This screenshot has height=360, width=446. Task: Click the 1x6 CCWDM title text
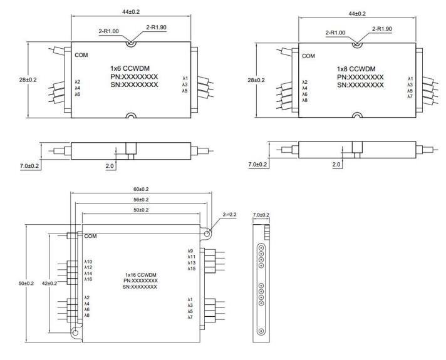point(130,68)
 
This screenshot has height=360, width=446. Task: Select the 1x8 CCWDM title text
point(356,69)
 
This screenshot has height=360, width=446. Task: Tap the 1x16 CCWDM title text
point(140,275)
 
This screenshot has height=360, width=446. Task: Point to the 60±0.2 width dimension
point(141,189)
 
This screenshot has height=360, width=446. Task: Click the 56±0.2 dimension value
point(141,200)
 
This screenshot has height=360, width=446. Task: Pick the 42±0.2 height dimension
point(49,283)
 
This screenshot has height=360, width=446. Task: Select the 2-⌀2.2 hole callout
point(229,214)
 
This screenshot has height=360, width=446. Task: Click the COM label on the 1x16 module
point(90,236)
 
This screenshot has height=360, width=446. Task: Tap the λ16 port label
point(88,279)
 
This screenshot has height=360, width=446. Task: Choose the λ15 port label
point(192,269)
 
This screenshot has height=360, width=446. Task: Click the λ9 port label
point(190,251)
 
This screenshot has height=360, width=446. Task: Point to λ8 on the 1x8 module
point(305,100)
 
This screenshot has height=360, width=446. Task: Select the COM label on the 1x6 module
point(81,55)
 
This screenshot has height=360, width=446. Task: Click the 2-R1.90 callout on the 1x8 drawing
point(382,29)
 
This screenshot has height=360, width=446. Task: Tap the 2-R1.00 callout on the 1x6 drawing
point(108,31)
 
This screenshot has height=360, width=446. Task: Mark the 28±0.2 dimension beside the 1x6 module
point(28,80)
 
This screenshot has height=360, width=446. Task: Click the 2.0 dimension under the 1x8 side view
point(336,165)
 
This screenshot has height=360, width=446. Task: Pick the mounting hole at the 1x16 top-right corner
point(207,234)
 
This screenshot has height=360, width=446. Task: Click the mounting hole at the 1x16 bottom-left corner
point(75,333)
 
